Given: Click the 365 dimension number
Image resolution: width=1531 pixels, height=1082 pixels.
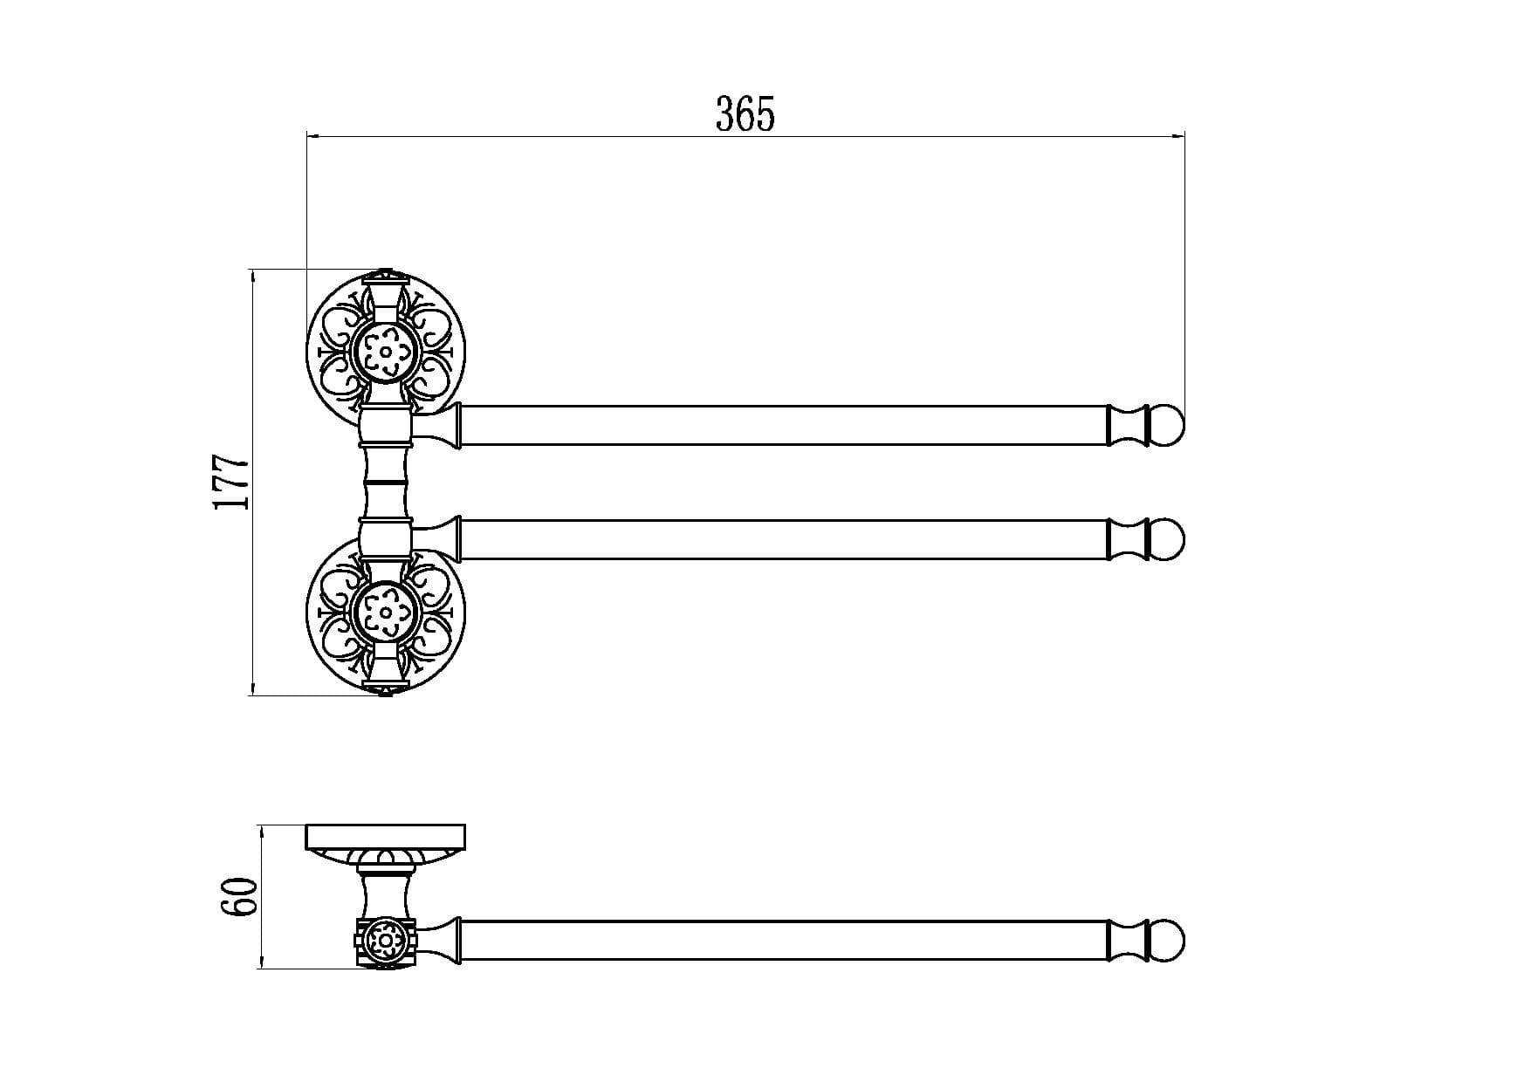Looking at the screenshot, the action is [x=745, y=114].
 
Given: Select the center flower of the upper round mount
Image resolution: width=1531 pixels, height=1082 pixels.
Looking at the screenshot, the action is [x=384, y=351].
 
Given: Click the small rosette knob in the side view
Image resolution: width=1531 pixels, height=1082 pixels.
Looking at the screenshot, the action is [x=384, y=941].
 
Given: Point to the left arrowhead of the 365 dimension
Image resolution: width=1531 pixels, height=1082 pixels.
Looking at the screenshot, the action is [x=312, y=136].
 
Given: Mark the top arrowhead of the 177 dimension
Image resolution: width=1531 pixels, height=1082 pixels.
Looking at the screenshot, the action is [x=253, y=277].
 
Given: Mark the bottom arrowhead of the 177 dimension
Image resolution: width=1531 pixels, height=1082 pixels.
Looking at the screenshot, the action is [x=253, y=688].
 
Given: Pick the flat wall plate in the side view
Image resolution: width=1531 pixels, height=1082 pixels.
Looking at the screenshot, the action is [x=385, y=837].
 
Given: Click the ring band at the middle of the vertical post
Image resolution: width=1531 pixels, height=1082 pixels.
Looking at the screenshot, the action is [x=385, y=482].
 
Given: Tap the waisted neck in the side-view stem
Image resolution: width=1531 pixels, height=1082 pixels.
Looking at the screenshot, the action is [x=385, y=895].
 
